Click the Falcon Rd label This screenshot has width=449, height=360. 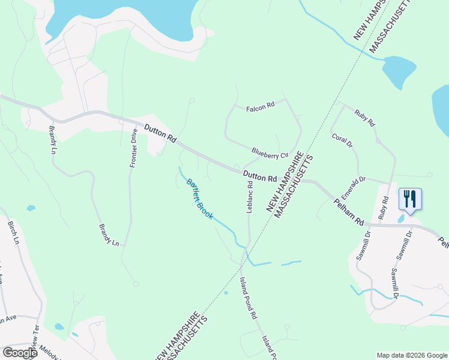pyautogui.click(x=260, y=106)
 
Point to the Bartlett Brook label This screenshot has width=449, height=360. pyautogui.click(x=199, y=199)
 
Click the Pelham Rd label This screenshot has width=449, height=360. pyautogui.click(x=349, y=212)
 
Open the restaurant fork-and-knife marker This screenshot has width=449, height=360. pyautogui.click(x=410, y=199)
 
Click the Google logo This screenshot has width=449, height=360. pyautogui.click(x=20, y=353)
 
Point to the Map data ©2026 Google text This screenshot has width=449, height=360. pyautogui.click(x=411, y=355)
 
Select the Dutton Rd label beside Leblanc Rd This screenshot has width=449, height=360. pyautogui.click(x=261, y=177)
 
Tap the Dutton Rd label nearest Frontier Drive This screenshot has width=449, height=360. pyautogui.click(x=160, y=133)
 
